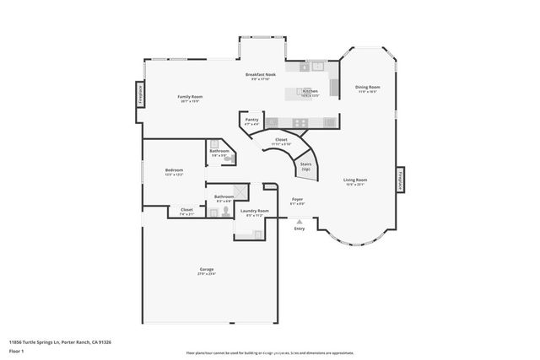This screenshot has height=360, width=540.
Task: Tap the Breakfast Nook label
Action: point(262,75)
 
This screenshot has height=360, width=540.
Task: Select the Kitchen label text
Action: point(310,91)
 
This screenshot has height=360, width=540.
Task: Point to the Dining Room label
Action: point(367,87)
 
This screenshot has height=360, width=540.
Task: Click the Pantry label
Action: point(251,120)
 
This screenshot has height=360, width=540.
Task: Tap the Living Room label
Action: point(354,180)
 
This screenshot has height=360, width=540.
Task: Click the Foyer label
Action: point(297,200)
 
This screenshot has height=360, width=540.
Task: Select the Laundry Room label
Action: point(254,211)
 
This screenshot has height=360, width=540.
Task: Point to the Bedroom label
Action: point(174,170)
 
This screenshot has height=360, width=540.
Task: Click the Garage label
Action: point(207,269)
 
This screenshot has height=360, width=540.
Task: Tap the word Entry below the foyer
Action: point(299,228)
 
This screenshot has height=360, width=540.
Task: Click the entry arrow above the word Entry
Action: point(299,221)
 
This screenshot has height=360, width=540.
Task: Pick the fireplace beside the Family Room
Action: point(139,94)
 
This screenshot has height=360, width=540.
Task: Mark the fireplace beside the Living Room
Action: point(400,180)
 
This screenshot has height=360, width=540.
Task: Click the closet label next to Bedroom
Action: point(186,211)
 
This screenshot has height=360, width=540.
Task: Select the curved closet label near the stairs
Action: point(281,140)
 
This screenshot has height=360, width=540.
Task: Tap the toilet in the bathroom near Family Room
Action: point(229,158)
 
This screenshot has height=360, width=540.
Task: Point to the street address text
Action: point(60,341)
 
